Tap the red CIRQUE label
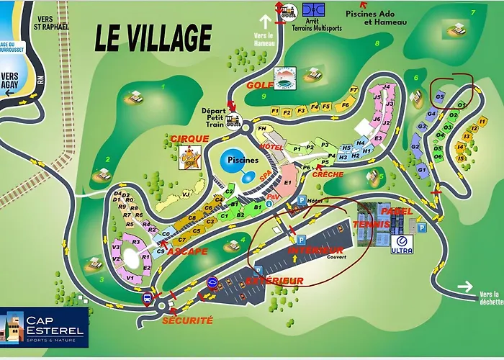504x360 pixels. (x=190, y=138)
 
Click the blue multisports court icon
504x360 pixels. (x=314, y=9)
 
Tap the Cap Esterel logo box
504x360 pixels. (x=45, y=328)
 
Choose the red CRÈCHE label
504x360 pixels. (x=327, y=174)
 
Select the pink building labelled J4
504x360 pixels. (x=387, y=88)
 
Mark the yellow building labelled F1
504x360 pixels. (x=275, y=112)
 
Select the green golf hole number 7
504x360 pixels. (x=473, y=12)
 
